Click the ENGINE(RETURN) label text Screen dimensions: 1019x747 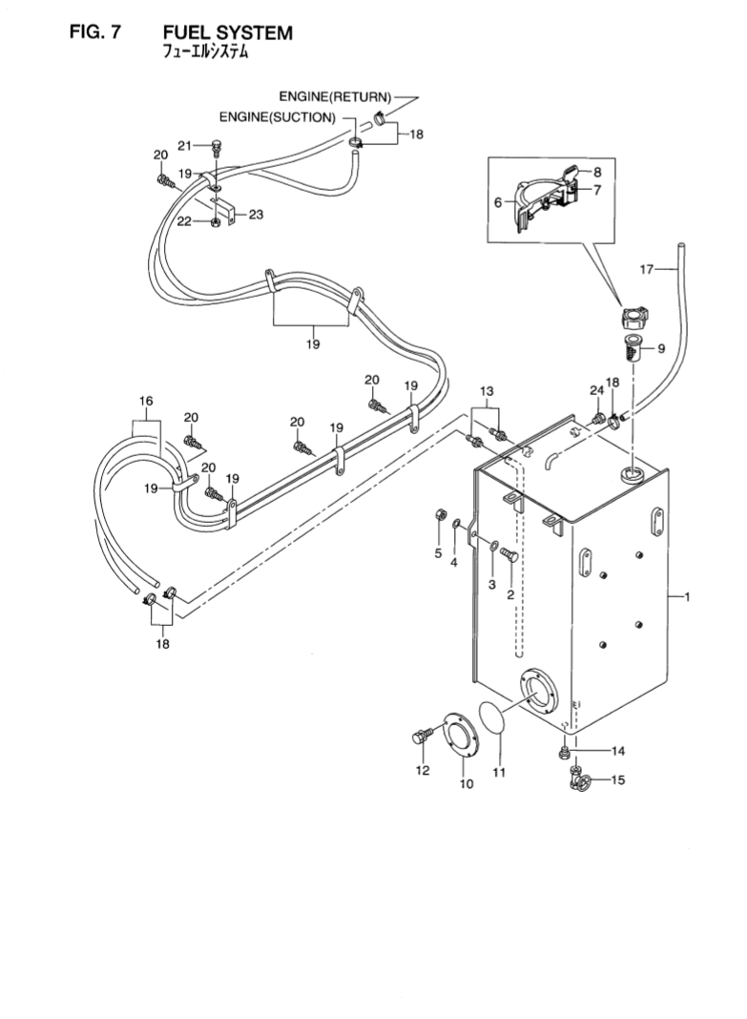coord(335,97)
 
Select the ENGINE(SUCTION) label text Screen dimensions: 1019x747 coord(278,118)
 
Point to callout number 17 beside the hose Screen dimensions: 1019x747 coord(647,270)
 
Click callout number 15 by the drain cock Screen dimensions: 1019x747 coord(617,780)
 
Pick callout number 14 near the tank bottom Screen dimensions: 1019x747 coord(617,750)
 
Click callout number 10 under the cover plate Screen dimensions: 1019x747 coord(467,784)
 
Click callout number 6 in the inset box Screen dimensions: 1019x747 coord(498,202)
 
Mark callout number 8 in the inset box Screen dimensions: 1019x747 coord(596,173)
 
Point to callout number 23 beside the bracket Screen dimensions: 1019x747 coord(256,215)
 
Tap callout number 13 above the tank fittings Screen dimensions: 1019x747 coord(487,391)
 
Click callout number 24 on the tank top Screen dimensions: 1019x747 coord(596,390)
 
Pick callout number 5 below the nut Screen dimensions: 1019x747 coord(439,553)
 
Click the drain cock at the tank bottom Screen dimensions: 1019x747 coord(577,780)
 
